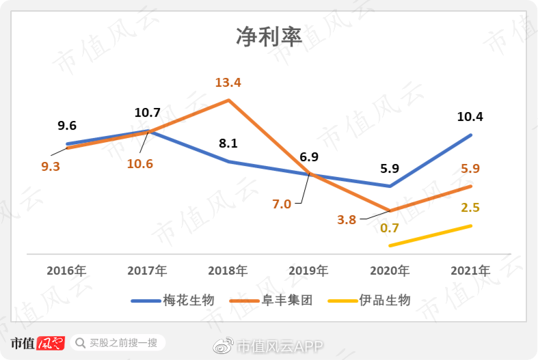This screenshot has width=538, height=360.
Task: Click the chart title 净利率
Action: (x=269, y=36)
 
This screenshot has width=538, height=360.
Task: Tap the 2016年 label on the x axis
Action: (x=66, y=270)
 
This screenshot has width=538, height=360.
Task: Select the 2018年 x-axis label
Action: (x=228, y=270)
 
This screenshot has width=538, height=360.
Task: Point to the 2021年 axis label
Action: (x=470, y=270)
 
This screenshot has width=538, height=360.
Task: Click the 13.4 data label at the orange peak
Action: (x=228, y=83)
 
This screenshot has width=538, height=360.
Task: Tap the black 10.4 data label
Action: (x=470, y=117)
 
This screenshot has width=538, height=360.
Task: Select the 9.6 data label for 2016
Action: (x=67, y=126)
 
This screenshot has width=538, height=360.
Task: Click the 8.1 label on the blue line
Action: (x=228, y=143)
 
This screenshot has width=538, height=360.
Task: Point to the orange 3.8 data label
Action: (x=347, y=219)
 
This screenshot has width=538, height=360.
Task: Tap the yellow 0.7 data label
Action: (x=390, y=228)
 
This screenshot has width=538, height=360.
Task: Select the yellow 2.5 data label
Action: (x=470, y=208)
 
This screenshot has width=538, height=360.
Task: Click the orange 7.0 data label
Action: (x=282, y=204)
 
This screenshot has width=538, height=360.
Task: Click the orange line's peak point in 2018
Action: (x=228, y=100)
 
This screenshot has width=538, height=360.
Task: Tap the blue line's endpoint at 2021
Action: (x=471, y=135)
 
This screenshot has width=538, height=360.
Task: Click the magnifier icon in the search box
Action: (x=80, y=343)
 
